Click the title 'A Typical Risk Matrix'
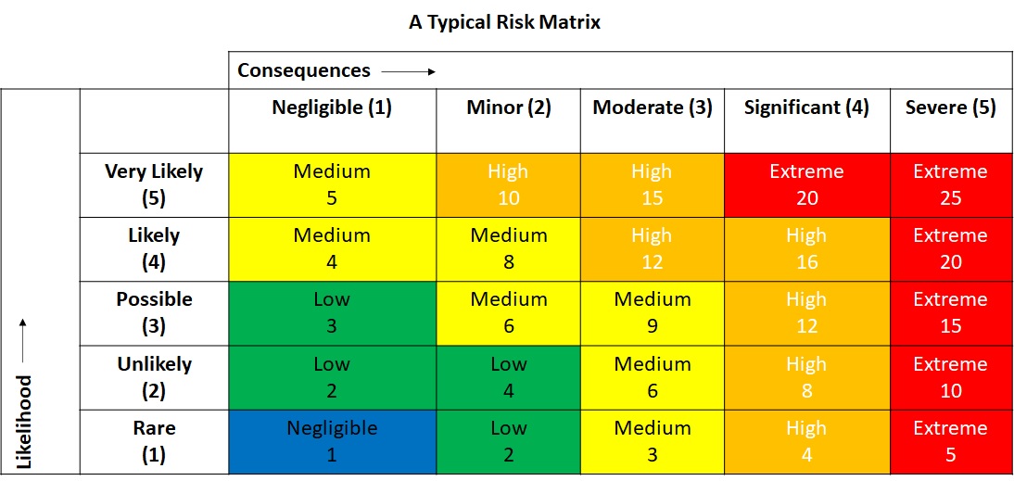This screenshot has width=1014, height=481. [504, 22]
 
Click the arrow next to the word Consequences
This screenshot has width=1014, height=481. [408, 70]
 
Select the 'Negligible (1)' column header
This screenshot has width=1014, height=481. [332, 108]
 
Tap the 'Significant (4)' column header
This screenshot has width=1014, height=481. [806, 108]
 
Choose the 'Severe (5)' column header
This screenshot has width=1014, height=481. [950, 108]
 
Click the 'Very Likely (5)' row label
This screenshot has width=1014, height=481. [154, 184]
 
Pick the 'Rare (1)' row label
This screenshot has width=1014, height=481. [154, 442]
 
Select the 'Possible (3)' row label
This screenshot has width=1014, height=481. [154, 313]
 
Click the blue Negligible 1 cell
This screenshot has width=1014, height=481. [332, 442]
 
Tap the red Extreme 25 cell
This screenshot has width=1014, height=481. [950, 184]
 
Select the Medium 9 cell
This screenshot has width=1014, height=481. [653, 313]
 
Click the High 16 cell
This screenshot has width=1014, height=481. [806, 249]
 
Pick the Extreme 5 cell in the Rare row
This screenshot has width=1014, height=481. [950, 442]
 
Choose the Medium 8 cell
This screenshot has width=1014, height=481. [508, 249]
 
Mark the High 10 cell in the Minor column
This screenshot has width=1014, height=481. [508, 184]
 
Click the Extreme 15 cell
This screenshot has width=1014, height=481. [950, 313]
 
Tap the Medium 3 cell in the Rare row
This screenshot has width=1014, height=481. [653, 442]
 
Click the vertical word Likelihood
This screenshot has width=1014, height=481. [25, 422]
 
